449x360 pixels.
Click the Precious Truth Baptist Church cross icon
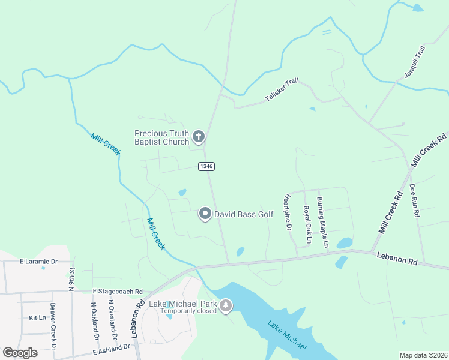pyautogui.click(x=199, y=137)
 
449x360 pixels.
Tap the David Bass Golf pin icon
pyautogui.click(x=205, y=214)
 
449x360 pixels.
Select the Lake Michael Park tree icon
pyautogui.click(x=226, y=306)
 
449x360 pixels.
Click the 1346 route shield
pyautogui.click(x=206, y=166)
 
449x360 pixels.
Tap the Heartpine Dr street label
pyautogui.click(x=288, y=212)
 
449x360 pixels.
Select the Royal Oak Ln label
pyautogui.click(x=307, y=224)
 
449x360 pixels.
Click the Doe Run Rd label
pyautogui.click(x=414, y=200)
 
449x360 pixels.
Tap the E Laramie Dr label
pyautogui.click(x=38, y=262)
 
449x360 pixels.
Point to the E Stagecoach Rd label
pyautogui.click(x=118, y=291)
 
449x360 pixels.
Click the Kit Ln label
pyautogui.click(x=37, y=317)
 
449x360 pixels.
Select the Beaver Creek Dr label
pyautogui.click(x=53, y=330)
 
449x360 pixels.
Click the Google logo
pyautogui.click(x=20, y=353)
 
